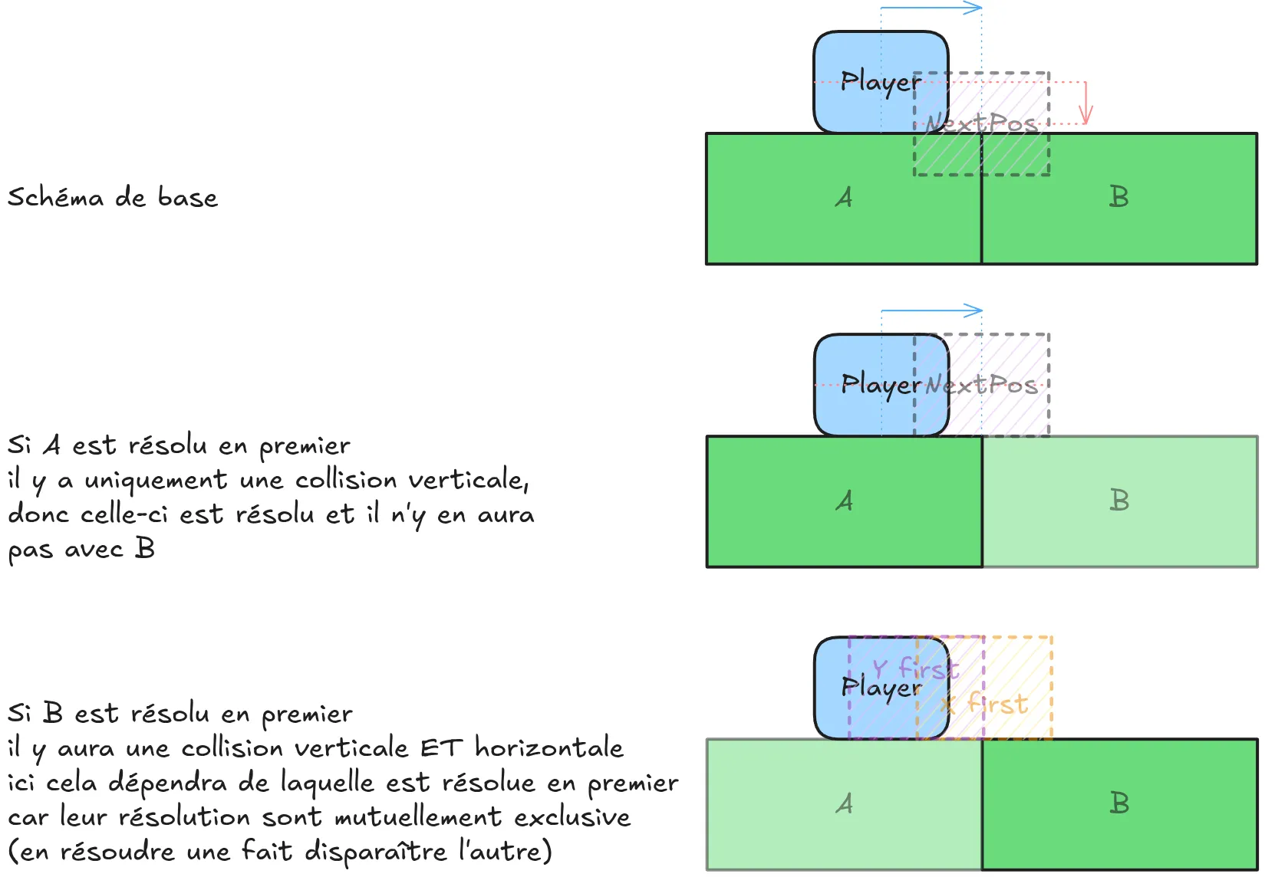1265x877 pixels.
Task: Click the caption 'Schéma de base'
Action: pos(113,198)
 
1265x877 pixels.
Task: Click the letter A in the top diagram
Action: pos(844,198)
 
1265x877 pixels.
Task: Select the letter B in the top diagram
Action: pos(1119,198)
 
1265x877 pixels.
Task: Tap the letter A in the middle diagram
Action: pos(844,501)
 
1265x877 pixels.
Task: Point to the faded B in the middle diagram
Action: pos(1119,501)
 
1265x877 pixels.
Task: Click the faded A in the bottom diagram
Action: pos(844,804)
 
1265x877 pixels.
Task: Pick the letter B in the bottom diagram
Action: pos(1119,804)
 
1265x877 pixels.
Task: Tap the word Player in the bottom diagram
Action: pos(880,688)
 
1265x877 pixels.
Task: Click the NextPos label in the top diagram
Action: pos(981,123)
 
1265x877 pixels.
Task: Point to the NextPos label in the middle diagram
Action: pos(981,384)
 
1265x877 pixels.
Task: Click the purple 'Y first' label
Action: pos(915,669)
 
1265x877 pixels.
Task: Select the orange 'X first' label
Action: pos(984,704)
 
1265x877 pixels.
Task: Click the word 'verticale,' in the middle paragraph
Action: pos(468,481)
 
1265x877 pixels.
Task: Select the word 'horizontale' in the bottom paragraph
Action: pos(548,747)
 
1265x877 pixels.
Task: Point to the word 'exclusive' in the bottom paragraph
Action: pos(572,817)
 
